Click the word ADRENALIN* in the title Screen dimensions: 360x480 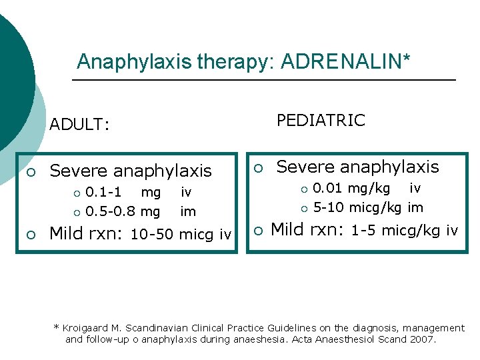click(x=346, y=62)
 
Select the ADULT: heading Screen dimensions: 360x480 click(x=80, y=125)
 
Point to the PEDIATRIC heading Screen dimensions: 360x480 click(x=321, y=120)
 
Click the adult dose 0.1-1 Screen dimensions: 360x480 click(x=103, y=193)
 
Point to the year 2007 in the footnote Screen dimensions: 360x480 click(x=424, y=339)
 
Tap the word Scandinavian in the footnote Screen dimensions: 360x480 click(x=161, y=328)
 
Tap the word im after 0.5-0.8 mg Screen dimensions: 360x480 click(x=189, y=212)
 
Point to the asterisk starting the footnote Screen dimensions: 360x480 click(x=57, y=327)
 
